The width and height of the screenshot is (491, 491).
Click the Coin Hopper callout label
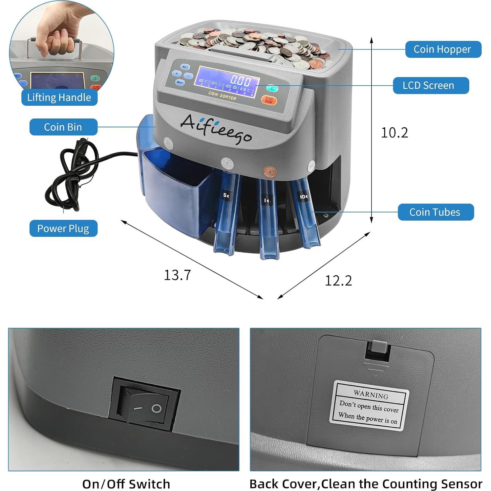[x=443, y=49]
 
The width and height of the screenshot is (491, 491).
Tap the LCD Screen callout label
[x=431, y=86]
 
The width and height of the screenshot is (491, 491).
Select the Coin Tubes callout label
[x=436, y=212]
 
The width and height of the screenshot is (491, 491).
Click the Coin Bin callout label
[x=63, y=127]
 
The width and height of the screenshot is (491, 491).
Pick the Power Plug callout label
[x=63, y=228]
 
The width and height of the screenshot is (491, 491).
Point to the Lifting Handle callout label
[x=59, y=97]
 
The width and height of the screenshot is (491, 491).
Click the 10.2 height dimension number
[x=394, y=133]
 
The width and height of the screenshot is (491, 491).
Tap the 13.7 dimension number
[x=177, y=275]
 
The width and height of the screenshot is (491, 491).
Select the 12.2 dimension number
[x=338, y=281]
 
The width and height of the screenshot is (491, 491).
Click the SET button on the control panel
[x=185, y=67]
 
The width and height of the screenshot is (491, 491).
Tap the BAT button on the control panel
[x=180, y=82]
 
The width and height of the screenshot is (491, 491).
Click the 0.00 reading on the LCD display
[x=240, y=80]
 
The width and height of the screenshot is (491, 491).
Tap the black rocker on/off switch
[x=145, y=404]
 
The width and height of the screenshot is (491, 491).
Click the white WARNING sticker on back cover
[x=369, y=406]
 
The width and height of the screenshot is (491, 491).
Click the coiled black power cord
[x=71, y=177]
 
